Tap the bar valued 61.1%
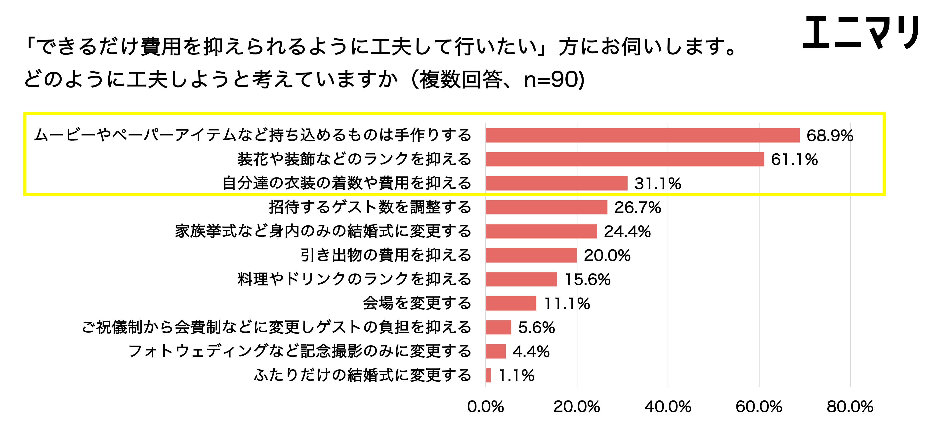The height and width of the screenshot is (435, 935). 625,159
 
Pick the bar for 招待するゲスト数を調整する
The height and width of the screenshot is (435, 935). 547,207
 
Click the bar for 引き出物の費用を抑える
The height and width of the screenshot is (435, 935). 531,255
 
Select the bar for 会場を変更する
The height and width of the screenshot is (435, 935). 511,303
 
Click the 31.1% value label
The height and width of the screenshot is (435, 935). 658,183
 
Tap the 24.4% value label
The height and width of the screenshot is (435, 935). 627,231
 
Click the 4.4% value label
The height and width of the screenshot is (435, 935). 531,351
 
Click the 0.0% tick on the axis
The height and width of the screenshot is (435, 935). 486,407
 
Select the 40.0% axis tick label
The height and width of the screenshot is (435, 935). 668,407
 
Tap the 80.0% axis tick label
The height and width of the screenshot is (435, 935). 850,407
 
